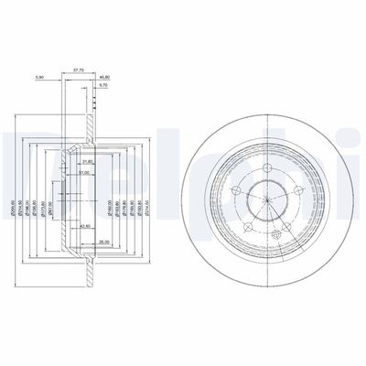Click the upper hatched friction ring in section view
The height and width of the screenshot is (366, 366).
coord(92,101)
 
